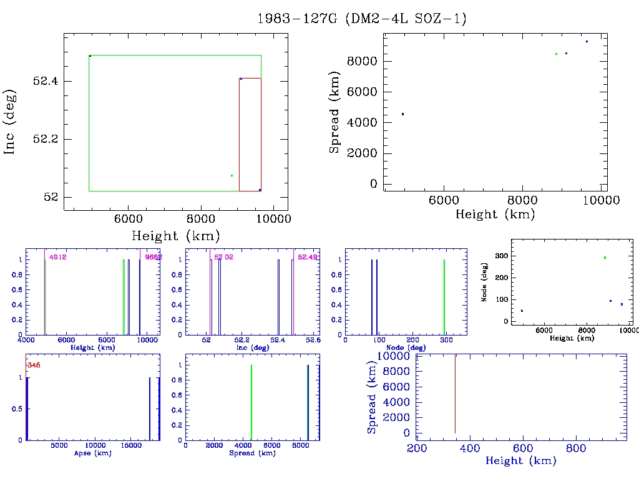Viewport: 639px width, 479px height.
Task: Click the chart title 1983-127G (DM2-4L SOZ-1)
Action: pos(362,19)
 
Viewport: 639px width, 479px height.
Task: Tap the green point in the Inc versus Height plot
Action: pos(232,175)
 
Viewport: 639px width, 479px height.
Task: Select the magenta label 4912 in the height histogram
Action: pos(57,257)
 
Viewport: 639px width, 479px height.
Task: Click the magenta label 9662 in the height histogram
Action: pos(154,257)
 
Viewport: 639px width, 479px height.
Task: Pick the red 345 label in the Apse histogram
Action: pos(33,365)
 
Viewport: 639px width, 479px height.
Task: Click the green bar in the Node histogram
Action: pos(444,297)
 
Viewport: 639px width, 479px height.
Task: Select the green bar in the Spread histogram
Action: pos(251,403)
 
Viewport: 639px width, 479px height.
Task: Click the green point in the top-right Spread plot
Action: pos(556,54)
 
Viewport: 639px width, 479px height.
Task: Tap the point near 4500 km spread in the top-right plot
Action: pos(402,114)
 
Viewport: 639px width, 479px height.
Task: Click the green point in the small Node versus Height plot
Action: pos(605,258)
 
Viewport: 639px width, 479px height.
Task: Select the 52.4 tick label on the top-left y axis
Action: pos(45,82)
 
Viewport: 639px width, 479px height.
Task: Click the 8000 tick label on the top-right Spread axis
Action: pos(363,61)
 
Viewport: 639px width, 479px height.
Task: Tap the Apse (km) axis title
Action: pos(92,453)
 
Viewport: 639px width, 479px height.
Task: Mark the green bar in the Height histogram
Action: pos(124,297)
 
